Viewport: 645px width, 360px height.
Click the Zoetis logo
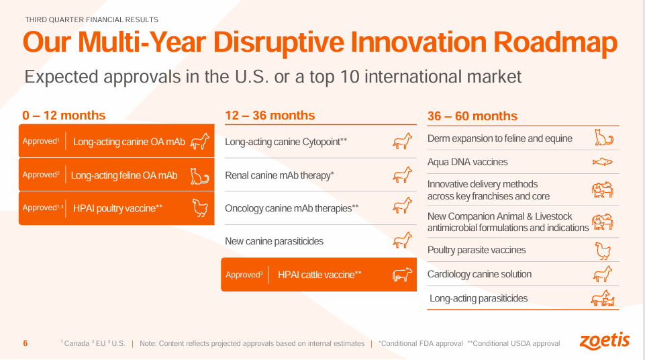pyautogui.click(x=604, y=341)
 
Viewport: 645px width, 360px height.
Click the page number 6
pyautogui.click(x=26, y=343)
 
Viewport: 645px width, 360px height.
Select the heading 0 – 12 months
pyautogui.click(x=64, y=116)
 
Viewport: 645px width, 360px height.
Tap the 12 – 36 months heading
pyautogui.click(x=270, y=116)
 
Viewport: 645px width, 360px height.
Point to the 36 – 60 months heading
pyautogui.click(x=473, y=116)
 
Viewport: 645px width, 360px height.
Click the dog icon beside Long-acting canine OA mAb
pyautogui.click(x=200, y=142)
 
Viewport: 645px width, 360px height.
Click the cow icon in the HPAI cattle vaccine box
pyautogui.click(x=401, y=275)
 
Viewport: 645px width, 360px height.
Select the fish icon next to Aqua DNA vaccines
pyautogui.click(x=602, y=162)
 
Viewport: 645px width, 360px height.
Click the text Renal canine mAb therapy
pyautogui.click(x=279, y=175)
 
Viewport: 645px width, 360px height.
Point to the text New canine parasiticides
pyautogui.click(x=273, y=241)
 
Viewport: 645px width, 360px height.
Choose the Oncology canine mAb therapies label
pyautogui.click(x=291, y=208)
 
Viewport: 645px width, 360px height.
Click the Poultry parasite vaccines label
pyautogui.click(x=477, y=250)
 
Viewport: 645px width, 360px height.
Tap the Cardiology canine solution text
pyautogui.click(x=479, y=274)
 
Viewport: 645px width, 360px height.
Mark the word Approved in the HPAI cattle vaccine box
pyautogui.click(x=242, y=275)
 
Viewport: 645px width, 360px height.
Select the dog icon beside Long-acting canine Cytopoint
pyautogui.click(x=401, y=142)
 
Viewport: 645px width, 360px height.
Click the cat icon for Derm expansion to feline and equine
pyautogui.click(x=603, y=138)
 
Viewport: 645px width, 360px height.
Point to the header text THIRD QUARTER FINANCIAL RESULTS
pyautogui.click(x=91, y=20)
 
